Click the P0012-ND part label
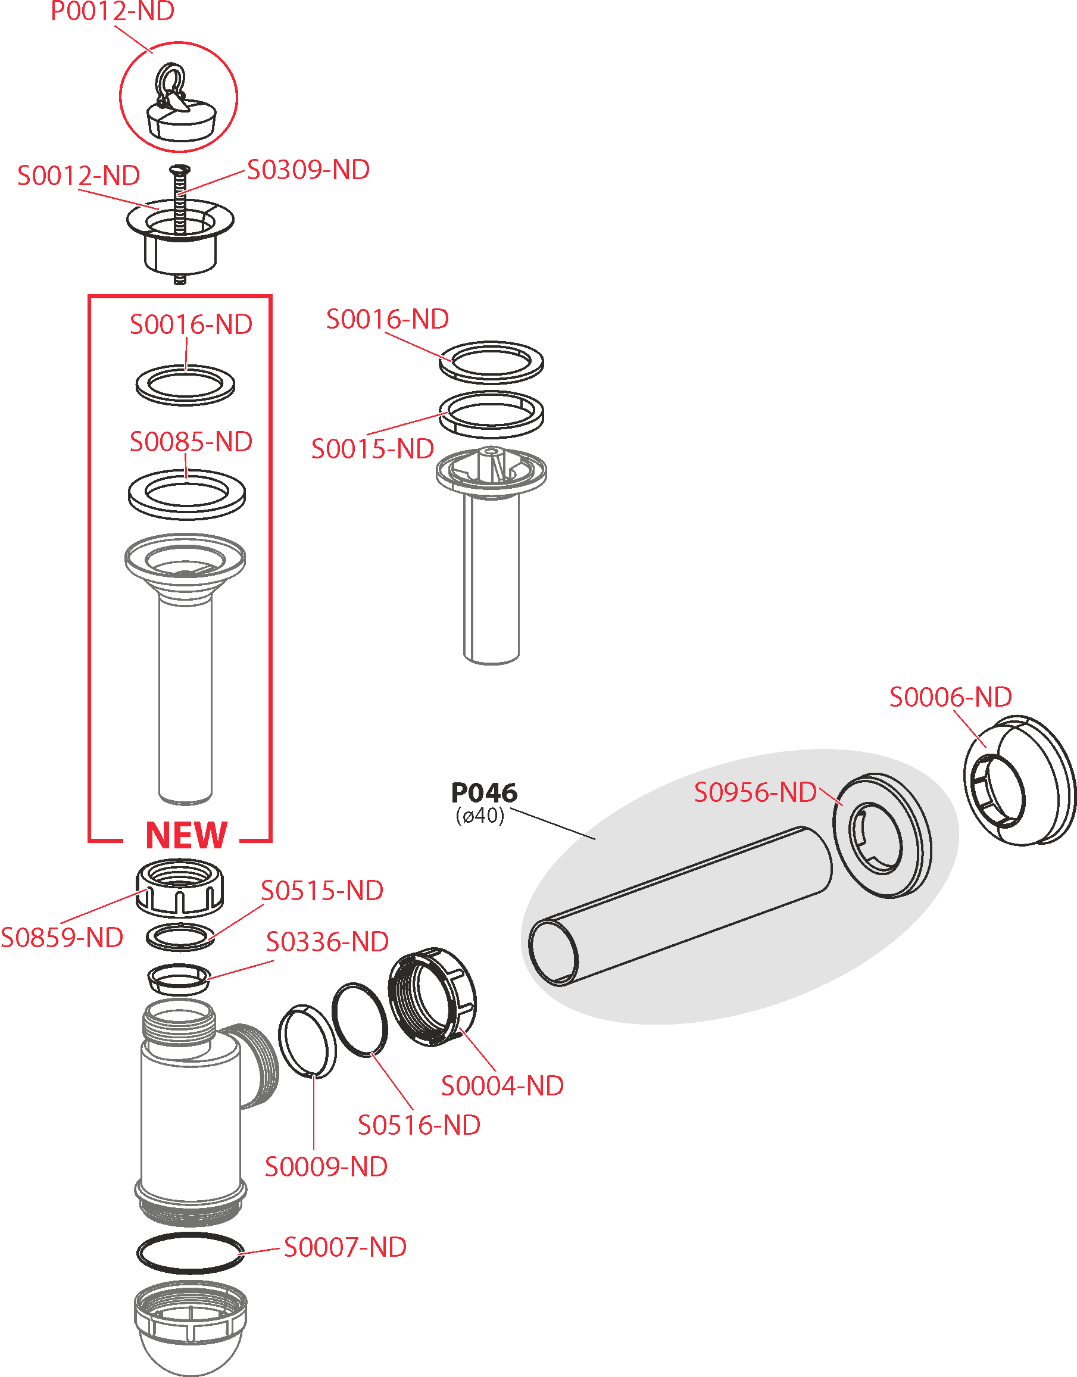[113, 11]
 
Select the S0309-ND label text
[308, 170]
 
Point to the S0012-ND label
[78, 175]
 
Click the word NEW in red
[186, 835]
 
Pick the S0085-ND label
[191, 441]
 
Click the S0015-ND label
[372, 449]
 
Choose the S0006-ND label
[950, 697]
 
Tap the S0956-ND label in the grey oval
[755, 792]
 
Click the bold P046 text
[483, 792]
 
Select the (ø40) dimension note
[480, 816]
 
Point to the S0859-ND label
[62, 938]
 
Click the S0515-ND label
[321, 890]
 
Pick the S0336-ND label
[327, 941]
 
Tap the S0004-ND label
[502, 1086]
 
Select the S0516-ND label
[419, 1125]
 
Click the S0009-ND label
[326, 1166]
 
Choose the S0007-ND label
[345, 1247]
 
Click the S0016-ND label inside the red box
[191, 324]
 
